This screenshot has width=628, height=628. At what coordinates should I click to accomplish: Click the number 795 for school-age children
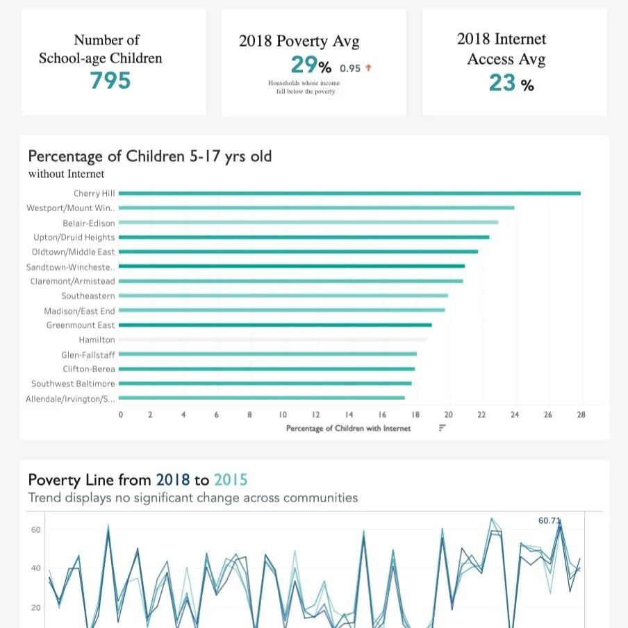(110, 81)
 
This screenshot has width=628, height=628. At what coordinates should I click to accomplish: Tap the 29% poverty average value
(311, 66)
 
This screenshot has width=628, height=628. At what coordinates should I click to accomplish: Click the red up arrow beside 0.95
(368, 68)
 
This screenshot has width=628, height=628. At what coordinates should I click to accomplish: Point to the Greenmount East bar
(275, 325)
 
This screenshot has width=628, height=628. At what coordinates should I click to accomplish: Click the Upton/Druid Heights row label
(74, 238)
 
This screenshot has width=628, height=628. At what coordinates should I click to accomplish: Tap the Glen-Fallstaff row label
(88, 354)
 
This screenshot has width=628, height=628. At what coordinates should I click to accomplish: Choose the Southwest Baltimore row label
(73, 383)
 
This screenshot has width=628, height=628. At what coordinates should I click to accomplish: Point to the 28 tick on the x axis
(581, 415)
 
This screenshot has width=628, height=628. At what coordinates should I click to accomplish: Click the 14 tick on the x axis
(349, 415)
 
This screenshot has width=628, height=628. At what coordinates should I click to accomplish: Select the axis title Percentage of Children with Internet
(348, 429)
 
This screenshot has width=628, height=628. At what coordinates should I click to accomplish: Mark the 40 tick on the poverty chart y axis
(35, 568)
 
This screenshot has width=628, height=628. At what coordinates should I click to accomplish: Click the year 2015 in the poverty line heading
(230, 480)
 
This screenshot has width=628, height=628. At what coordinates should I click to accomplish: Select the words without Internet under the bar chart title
(66, 174)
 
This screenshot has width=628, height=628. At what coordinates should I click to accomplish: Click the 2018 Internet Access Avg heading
(502, 49)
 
